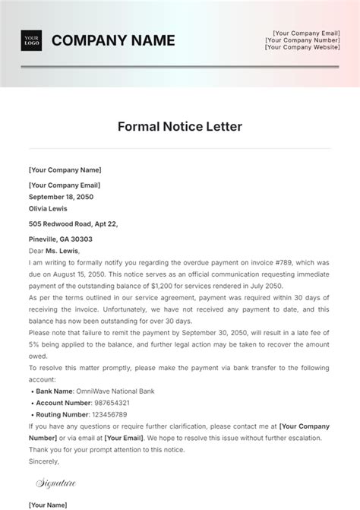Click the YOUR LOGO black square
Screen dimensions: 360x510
(x=32, y=40)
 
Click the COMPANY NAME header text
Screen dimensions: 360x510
(x=112, y=40)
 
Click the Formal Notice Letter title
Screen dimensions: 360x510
(x=180, y=126)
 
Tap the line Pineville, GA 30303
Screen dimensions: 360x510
(x=61, y=239)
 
